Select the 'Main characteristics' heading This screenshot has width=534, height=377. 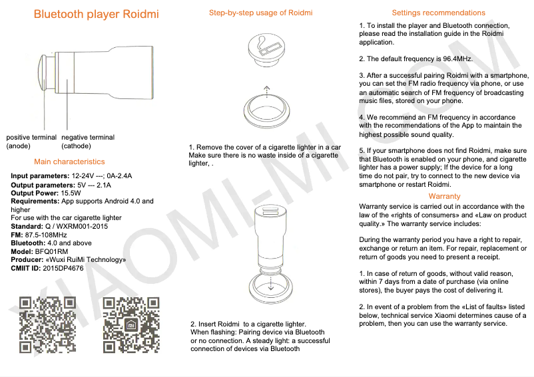pyautogui.click(x=69, y=162)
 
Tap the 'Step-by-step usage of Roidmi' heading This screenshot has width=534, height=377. pyautogui.click(x=260, y=13)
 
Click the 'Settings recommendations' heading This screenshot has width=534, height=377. pyautogui.click(x=438, y=13)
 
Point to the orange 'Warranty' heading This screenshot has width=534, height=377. pyautogui.click(x=444, y=196)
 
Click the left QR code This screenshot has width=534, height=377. pyautogui.click(x=47, y=324)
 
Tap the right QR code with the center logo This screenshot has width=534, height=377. pyautogui.click(x=131, y=324)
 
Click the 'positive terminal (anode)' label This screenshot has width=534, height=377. pyautogui.click(x=31, y=142)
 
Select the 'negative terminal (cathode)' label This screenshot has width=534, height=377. pyautogui.click(x=87, y=142)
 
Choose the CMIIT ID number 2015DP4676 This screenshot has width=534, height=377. pyautogui.click(x=63, y=268)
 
